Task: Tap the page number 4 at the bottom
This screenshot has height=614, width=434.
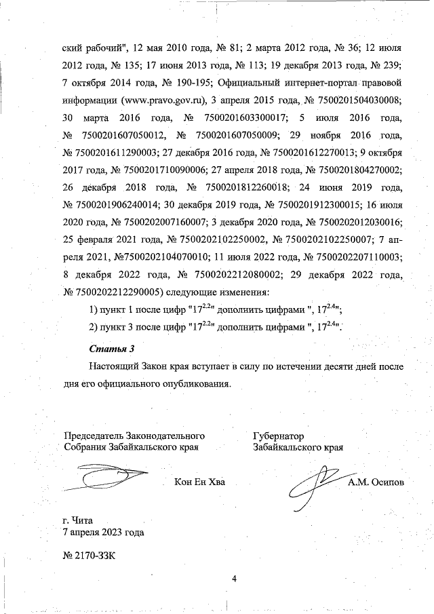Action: (x=233, y=579)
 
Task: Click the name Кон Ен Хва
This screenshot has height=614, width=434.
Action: (x=199, y=482)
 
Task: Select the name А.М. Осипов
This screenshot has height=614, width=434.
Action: (x=375, y=482)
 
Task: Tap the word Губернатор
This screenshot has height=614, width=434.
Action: (x=278, y=436)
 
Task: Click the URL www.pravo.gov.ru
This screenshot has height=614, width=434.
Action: (x=162, y=100)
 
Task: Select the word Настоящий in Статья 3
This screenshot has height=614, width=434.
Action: (x=117, y=366)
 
